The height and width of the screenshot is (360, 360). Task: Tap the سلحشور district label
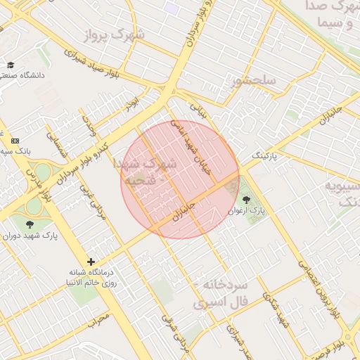click(252, 81)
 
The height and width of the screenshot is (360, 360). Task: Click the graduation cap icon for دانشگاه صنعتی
click(11, 65)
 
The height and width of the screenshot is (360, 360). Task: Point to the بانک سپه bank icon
click(15, 141)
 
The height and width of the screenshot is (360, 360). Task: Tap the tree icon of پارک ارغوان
click(245, 200)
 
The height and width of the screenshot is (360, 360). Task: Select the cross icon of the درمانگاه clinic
click(91, 262)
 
